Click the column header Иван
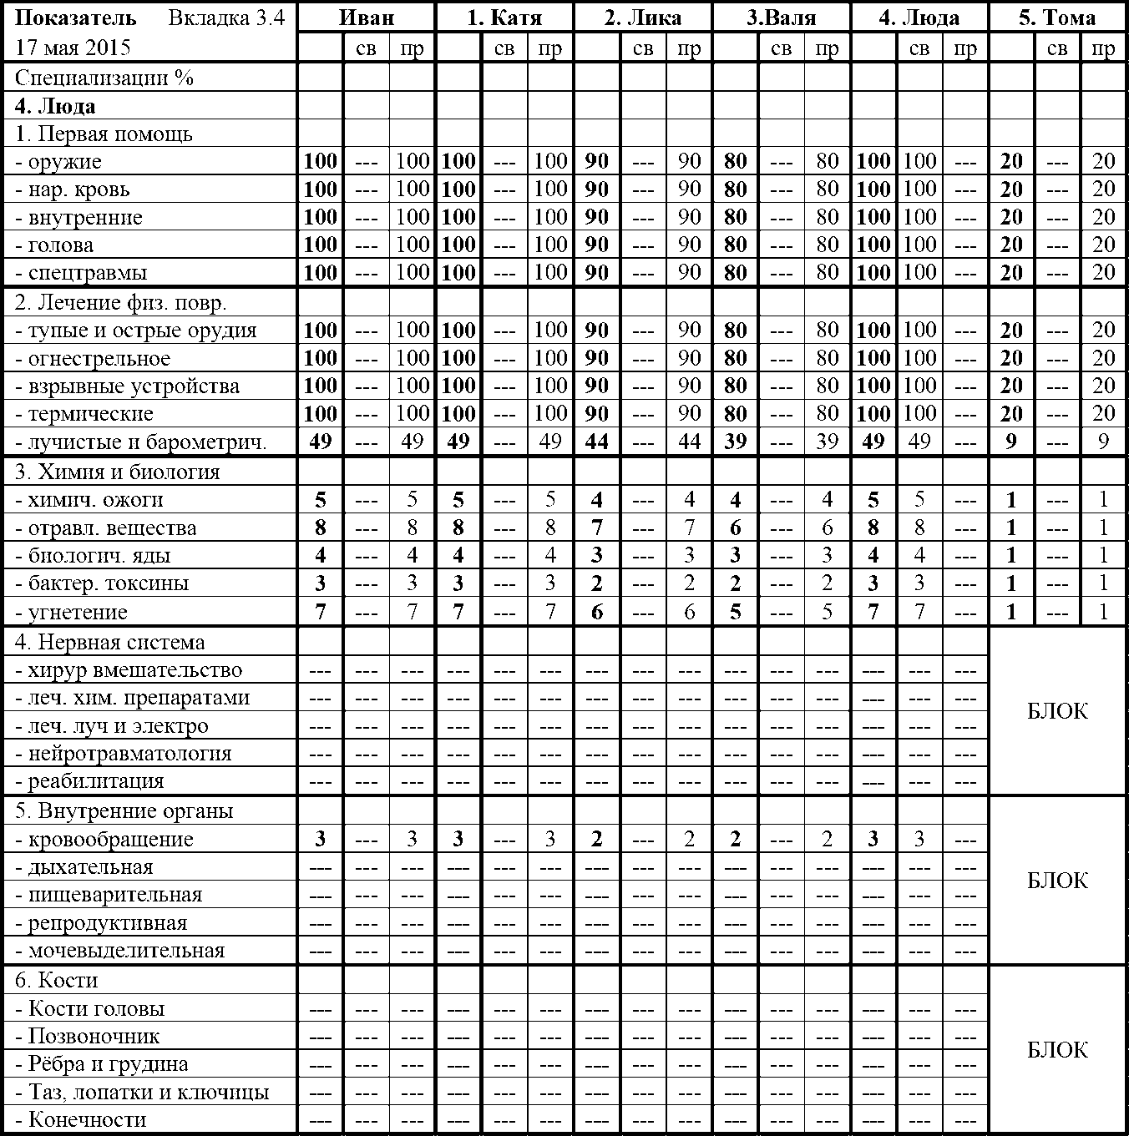click(x=366, y=18)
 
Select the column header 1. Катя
click(x=504, y=18)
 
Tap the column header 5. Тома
click(x=1057, y=18)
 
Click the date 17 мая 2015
click(x=73, y=47)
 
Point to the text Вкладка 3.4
click(x=225, y=18)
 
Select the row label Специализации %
click(x=104, y=78)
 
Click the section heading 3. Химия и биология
click(x=118, y=472)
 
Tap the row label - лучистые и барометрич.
click(x=141, y=442)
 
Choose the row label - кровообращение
click(x=104, y=840)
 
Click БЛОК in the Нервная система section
click(x=1057, y=711)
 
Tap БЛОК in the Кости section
click(x=1057, y=1050)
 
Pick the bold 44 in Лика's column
click(x=596, y=442)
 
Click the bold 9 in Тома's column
click(x=1011, y=442)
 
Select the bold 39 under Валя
click(x=735, y=442)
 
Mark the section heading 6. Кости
click(x=57, y=980)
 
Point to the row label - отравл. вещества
click(x=106, y=528)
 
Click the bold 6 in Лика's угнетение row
click(x=596, y=612)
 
